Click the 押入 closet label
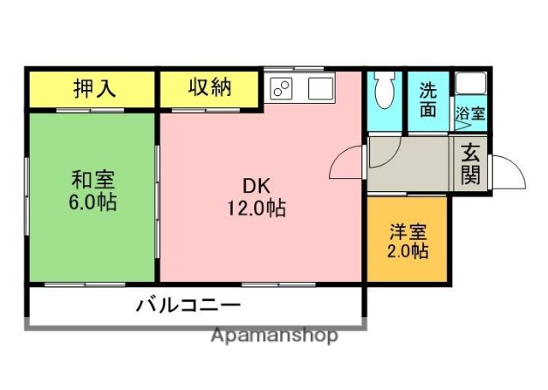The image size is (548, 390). (93, 88)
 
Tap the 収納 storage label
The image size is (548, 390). (210, 87)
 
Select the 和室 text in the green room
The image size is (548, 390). (93, 181)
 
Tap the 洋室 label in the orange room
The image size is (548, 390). (408, 231)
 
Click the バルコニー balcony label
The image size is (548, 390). (188, 305)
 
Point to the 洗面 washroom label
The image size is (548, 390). (428, 99)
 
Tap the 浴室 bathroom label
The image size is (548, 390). (470, 112)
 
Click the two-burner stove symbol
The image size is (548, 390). (282, 87)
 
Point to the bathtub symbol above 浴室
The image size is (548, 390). (470, 83)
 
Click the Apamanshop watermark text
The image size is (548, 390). (274, 335)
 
